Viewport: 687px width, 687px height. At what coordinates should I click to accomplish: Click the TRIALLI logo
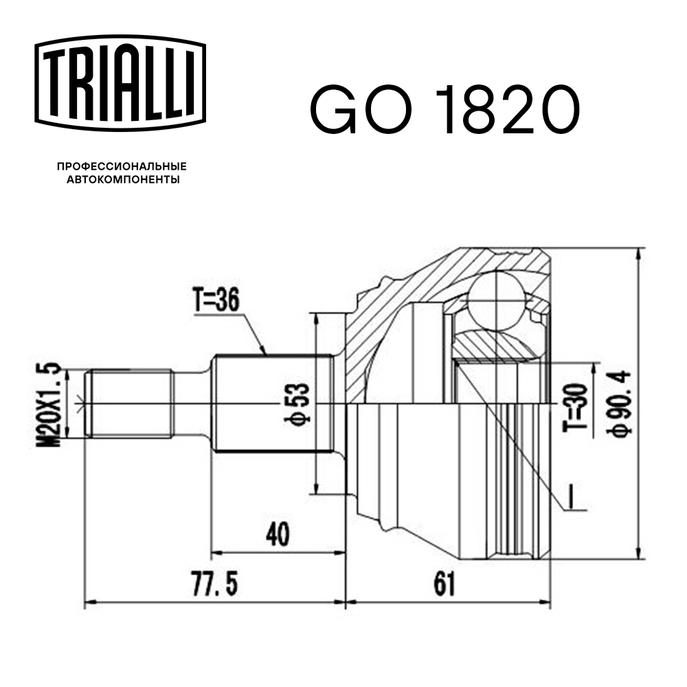click(120, 83)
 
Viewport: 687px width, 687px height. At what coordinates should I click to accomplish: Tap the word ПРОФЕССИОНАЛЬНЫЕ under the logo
click(122, 166)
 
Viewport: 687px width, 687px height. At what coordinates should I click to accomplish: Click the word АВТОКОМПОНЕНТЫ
click(123, 179)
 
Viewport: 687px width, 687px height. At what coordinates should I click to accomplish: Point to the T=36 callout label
click(216, 301)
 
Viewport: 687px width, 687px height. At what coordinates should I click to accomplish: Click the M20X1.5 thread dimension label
click(49, 404)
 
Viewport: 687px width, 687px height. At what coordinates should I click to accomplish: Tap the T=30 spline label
click(575, 407)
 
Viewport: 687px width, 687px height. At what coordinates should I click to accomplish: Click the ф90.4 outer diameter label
click(619, 404)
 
